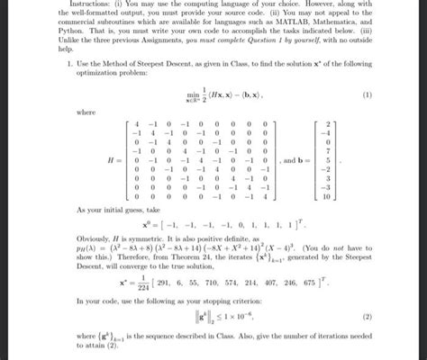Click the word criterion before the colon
[254, 301]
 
